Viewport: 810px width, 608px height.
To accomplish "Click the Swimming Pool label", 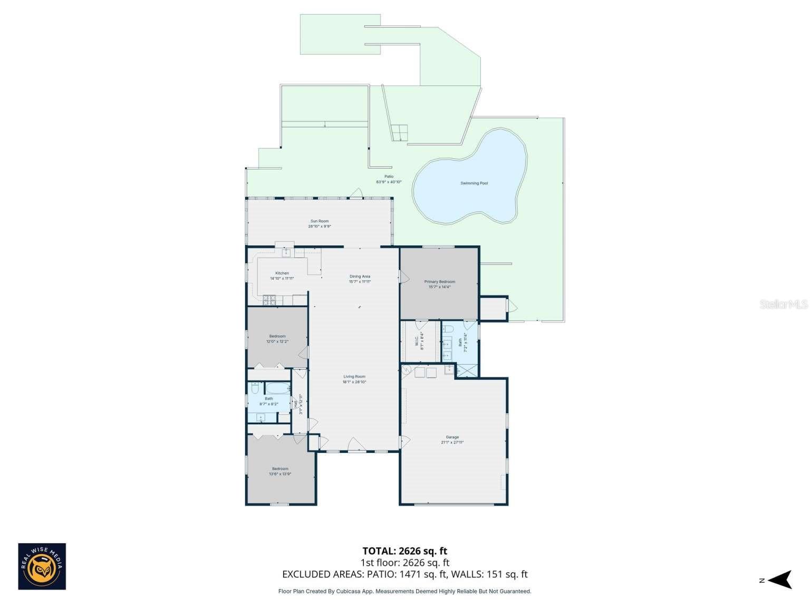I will [474, 183].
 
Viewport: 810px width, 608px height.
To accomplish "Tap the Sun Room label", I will [320, 221].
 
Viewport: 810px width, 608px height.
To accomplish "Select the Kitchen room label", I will [282, 273].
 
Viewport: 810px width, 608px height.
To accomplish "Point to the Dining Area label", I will [360, 276].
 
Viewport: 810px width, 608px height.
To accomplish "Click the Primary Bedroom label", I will [439, 281].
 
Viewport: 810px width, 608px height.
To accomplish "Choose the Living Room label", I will [354, 376].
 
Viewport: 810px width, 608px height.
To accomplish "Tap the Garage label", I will [452, 437].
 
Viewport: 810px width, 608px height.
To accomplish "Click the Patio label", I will [389, 177].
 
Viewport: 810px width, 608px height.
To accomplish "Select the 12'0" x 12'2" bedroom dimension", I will [277, 341].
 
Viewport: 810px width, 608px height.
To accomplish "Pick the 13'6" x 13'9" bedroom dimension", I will [280, 474].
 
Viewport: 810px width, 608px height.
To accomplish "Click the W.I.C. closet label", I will [417, 341].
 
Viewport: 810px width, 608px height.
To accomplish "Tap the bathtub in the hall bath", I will [277, 388].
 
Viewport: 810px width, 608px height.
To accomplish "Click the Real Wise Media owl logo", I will [42, 566].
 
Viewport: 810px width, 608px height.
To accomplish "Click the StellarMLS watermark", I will [783, 305].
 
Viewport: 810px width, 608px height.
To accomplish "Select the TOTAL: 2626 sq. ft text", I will [404, 552].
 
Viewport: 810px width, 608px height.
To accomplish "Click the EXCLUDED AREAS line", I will [404, 574].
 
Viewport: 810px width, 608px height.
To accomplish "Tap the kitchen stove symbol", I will [269, 301].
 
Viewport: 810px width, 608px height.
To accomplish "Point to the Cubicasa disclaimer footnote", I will [404, 591].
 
